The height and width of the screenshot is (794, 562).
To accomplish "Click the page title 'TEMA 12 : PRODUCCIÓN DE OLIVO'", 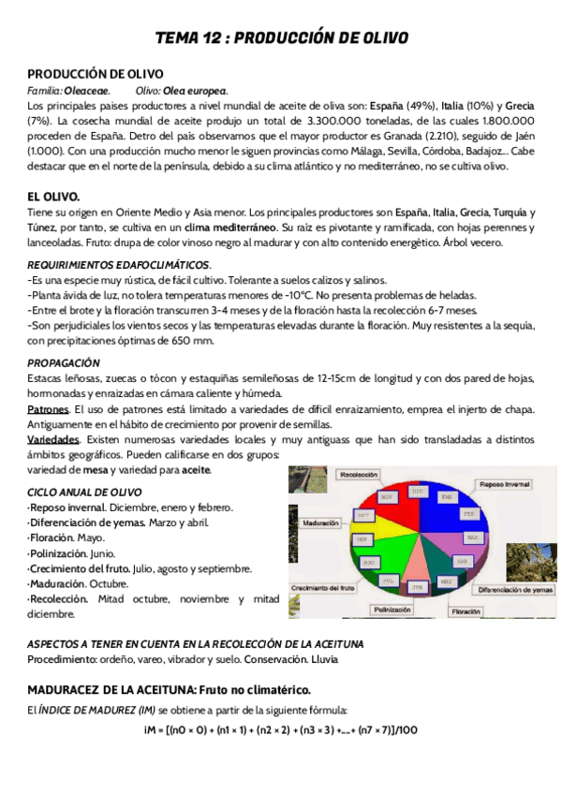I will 281,38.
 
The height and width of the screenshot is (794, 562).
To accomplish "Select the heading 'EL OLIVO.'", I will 53,196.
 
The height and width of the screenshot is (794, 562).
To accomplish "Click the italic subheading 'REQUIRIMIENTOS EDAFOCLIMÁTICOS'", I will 118,265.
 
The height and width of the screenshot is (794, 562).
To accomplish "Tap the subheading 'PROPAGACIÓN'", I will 64,362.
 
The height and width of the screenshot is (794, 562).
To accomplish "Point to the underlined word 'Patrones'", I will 48,410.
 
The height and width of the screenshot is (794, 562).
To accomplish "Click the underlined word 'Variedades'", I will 52,439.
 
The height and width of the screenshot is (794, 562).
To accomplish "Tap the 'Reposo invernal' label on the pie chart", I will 504,484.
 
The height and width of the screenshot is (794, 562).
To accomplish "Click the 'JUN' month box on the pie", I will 416,585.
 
